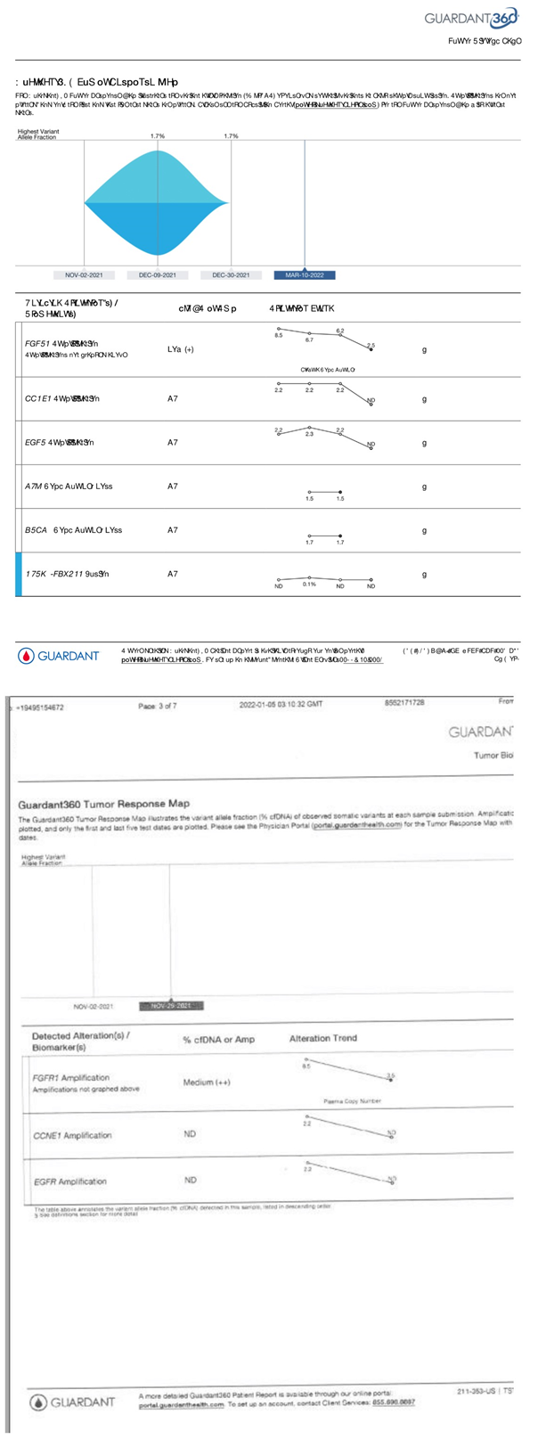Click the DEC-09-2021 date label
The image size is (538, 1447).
pyautogui.click(x=157, y=275)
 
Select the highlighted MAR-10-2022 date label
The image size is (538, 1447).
pyautogui.click(x=304, y=275)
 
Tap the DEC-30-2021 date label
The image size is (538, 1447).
pyautogui.click(x=231, y=275)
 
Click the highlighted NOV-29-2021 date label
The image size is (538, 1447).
pyautogui.click(x=171, y=1006)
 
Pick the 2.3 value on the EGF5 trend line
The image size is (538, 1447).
pyautogui.click(x=309, y=434)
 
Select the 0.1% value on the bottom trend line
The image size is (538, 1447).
pyautogui.click(x=309, y=585)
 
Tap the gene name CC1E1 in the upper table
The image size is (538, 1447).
pyautogui.click(x=38, y=399)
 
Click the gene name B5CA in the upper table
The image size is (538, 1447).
pyautogui.click(x=37, y=530)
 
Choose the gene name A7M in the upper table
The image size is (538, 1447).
pyautogui.click(x=33, y=486)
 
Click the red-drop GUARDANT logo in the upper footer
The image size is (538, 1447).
pyautogui.click(x=59, y=656)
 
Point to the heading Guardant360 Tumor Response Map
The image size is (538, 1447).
pyautogui.click(x=103, y=804)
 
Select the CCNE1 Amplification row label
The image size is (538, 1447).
pyautogui.click(x=72, y=1135)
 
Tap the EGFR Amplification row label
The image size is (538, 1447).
pyautogui.click(x=69, y=1181)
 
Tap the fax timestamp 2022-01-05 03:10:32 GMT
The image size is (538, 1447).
pyautogui.click(x=281, y=704)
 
